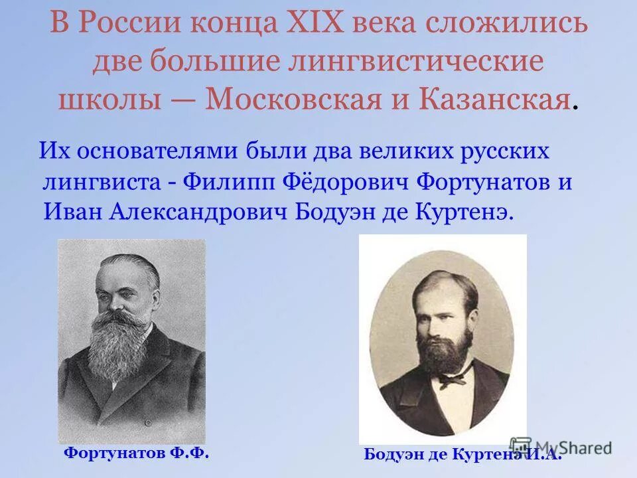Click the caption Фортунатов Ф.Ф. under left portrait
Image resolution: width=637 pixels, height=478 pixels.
pyautogui.click(x=136, y=453)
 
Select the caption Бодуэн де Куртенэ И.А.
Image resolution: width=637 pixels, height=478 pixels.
pyautogui.click(x=462, y=455)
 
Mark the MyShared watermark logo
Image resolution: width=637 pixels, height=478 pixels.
pyautogui.click(x=561, y=447)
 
